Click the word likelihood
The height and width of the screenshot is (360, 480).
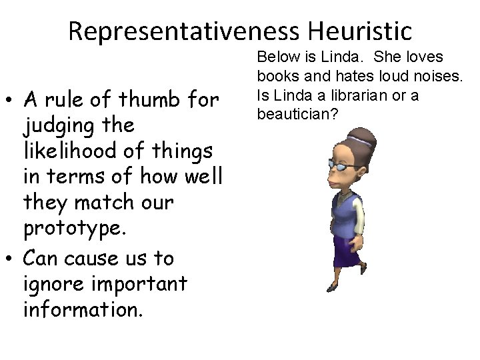[67, 151]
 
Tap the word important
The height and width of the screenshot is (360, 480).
[139, 284]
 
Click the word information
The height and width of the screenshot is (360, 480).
[83, 309]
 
